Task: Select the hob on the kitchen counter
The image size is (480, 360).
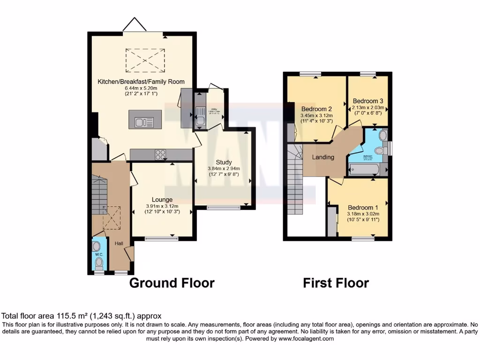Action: coord(160,154)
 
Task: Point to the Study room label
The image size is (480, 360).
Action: coord(224,162)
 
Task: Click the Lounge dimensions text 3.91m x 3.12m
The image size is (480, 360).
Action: coord(162,206)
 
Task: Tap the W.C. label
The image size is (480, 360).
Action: coord(99,255)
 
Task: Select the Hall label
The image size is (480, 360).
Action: coord(119,243)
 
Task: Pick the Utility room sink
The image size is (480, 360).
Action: coord(200,115)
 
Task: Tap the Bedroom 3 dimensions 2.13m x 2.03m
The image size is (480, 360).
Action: coord(367,107)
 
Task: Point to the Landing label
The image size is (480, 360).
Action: coord(323,157)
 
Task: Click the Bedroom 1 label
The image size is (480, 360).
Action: coord(363,208)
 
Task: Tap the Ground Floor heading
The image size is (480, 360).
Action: coord(172,283)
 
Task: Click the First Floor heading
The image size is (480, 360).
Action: coord(336,283)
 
